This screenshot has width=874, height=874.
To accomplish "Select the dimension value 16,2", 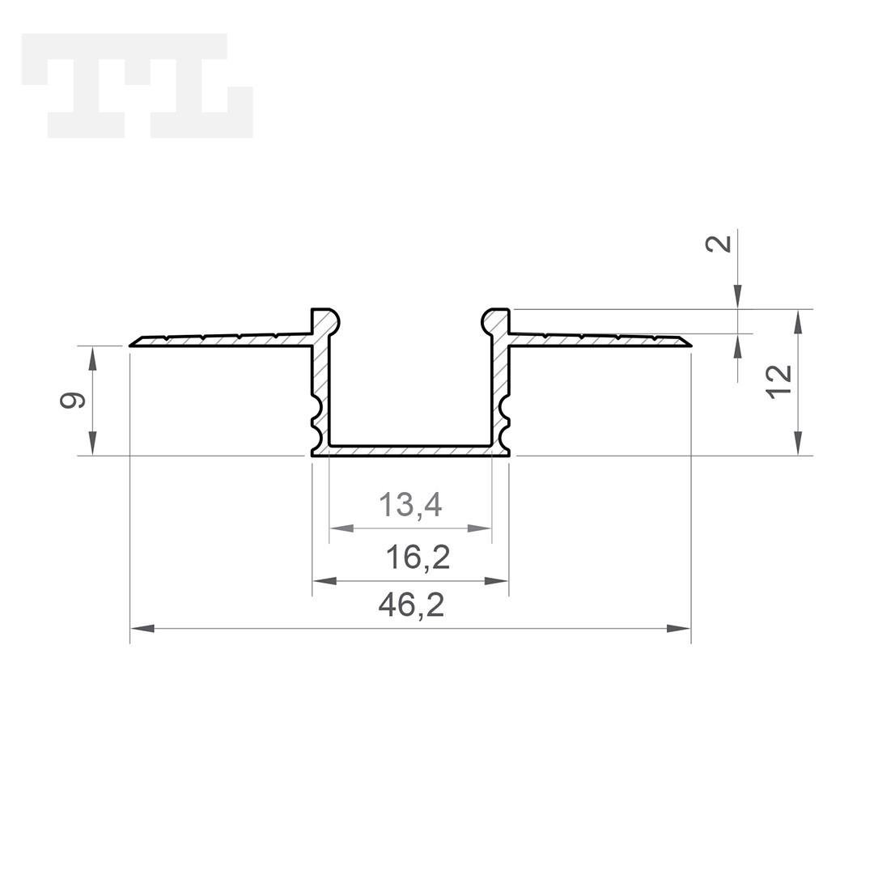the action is pos(418,557).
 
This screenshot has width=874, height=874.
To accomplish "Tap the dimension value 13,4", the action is pos(410,504).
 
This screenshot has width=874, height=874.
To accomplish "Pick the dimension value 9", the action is pos(73,401).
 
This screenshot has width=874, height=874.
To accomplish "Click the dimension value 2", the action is pos(719,244).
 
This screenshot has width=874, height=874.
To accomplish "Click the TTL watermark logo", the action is pos(137,85).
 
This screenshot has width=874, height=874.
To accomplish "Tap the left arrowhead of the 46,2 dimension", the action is pos(142,629).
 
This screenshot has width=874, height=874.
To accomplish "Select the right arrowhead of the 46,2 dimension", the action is pos(678,629).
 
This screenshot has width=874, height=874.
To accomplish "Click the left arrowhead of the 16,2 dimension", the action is pos(325,581).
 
